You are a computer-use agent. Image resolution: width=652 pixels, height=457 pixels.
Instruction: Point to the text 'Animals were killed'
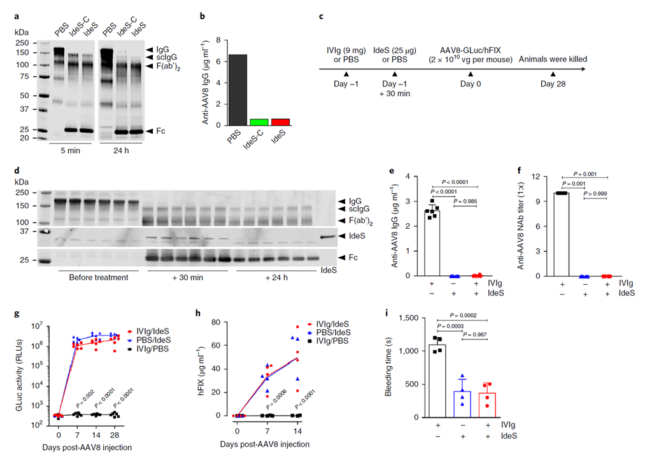[553, 59]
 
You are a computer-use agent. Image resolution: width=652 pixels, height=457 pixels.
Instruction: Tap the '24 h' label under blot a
[122, 151]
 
